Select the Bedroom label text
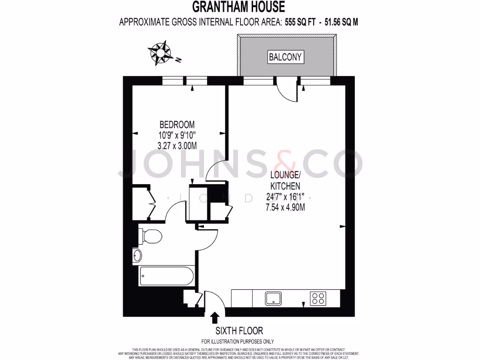(177, 125)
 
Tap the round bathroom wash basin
(137, 256)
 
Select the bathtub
(164, 277)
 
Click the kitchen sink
(273, 298)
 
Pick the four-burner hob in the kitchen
(318, 298)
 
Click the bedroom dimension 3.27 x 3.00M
(177, 145)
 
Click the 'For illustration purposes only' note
(238, 342)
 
